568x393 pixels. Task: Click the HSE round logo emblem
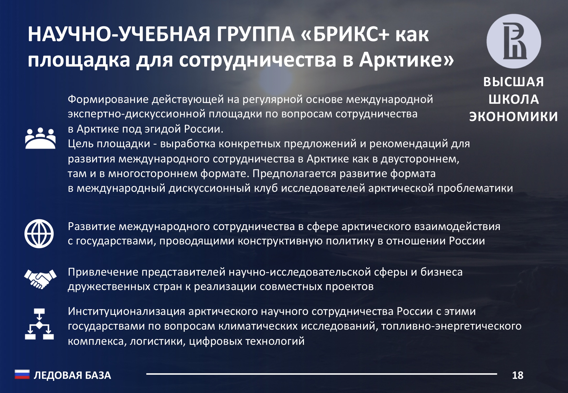pyautogui.click(x=514, y=41)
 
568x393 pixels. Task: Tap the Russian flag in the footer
pyautogui.click(x=22, y=375)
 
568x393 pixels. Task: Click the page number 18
pyautogui.click(x=518, y=375)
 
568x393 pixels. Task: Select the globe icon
pyautogui.click(x=39, y=233)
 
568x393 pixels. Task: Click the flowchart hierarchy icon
pyautogui.click(x=39, y=324)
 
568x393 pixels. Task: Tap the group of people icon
pyautogui.click(x=40, y=138)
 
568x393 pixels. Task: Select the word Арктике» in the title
pyautogui.click(x=407, y=60)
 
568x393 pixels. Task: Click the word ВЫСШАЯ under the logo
pyautogui.click(x=514, y=82)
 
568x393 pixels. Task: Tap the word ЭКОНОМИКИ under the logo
pyautogui.click(x=513, y=116)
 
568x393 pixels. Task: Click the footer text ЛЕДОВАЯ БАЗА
pyautogui.click(x=72, y=375)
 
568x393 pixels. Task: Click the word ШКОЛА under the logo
pyautogui.click(x=514, y=99)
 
